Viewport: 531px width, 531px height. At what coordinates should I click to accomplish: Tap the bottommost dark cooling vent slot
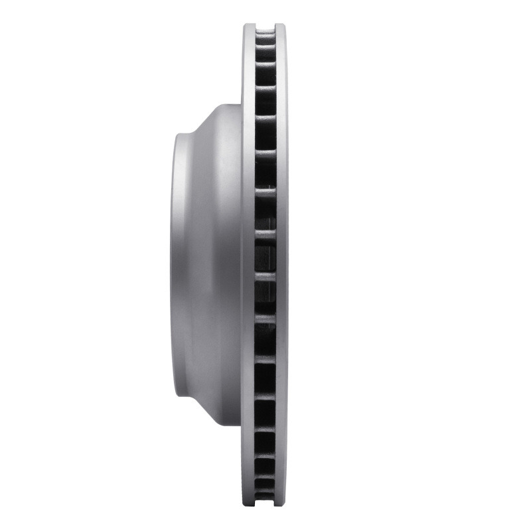pyautogui.click(x=265, y=494)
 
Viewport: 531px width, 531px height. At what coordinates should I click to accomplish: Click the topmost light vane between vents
pyautogui.click(x=265, y=35)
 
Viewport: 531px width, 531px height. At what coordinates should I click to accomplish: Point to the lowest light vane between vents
pyautogui.click(x=265, y=490)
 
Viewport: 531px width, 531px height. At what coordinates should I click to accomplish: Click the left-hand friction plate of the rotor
pyautogui.click(x=248, y=265)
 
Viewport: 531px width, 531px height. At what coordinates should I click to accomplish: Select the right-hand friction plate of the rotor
pyautogui.click(x=281, y=265)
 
